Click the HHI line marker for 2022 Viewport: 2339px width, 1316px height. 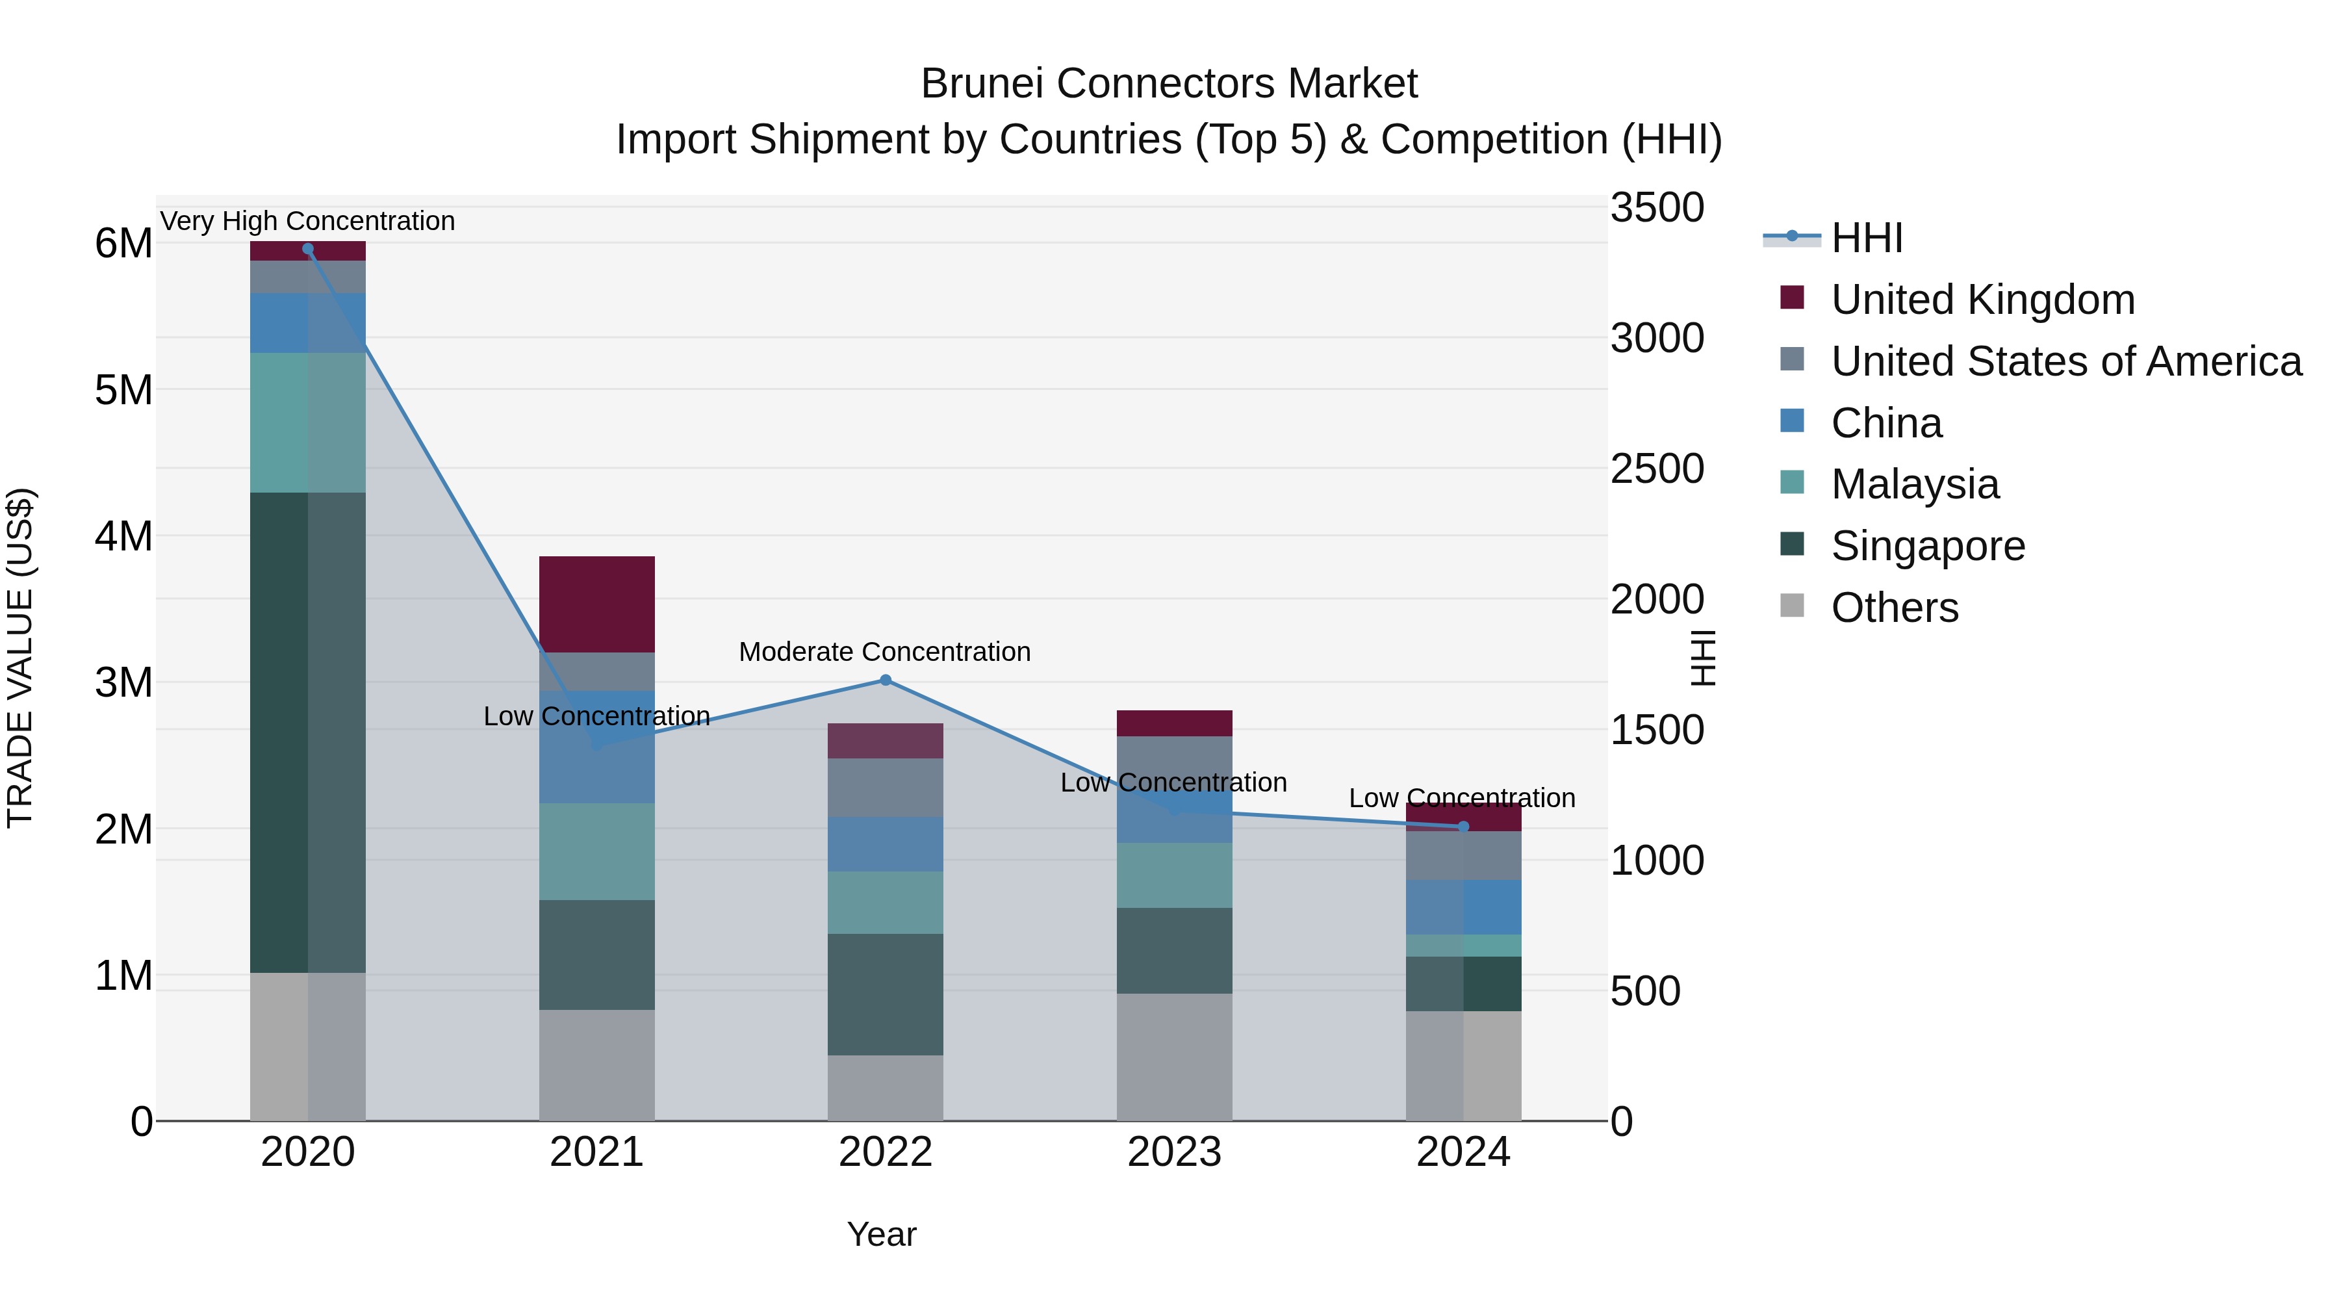coord(886,680)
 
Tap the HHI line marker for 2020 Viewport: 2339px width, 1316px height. coord(308,249)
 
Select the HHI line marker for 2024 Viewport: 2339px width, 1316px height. coord(1463,827)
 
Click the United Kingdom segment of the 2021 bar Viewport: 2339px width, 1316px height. coord(596,604)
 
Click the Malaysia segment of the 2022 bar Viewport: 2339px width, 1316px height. coord(886,903)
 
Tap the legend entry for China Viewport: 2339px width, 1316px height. coord(1886,423)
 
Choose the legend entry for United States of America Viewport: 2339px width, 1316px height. coord(2065,361)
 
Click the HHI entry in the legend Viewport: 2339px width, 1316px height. coord(1866,238)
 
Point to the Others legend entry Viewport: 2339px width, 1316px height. coord(1894,608)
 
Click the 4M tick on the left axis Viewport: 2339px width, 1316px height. coord(123,536)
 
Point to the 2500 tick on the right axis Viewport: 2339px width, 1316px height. coord(1657,469)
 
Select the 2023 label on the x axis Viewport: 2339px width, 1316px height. coord(1174,1152)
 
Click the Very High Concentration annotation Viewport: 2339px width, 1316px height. coord(308,221)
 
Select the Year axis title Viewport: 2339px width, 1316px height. coord(882,1234)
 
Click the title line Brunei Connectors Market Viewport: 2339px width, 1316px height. coord(1169,84)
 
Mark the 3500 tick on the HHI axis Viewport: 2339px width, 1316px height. coord(1657,207)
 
